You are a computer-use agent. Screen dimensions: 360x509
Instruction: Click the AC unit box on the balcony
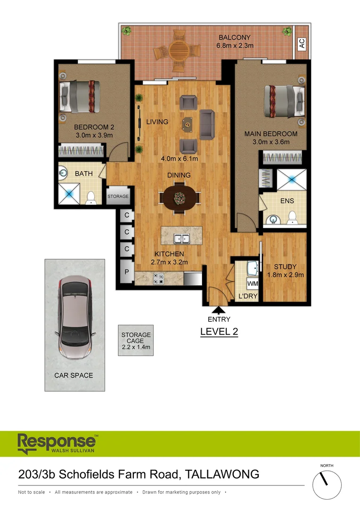tap(302, 43)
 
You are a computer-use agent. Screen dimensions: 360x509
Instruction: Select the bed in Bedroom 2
tap(80, 97)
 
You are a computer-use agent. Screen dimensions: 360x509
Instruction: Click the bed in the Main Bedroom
tap(284, 101)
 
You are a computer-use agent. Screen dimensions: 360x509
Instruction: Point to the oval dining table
tap(180, 198)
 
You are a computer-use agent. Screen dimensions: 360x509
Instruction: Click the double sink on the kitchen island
tap(181, 238)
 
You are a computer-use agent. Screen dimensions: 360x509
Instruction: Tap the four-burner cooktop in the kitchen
tap(158, 279)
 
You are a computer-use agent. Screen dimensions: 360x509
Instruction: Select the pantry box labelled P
tap(127, 272)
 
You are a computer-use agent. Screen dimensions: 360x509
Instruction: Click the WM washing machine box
tap(253, 284)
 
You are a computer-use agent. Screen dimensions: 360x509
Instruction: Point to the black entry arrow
tap(219, 310)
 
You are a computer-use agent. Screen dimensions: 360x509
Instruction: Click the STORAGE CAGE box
tap(136, 340)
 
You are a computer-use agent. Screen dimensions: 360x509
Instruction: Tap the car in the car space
tap(74, 317)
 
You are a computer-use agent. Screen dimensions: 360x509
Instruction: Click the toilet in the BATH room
tap(91, 198)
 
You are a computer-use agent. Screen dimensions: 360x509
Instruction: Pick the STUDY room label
tap(285, 267)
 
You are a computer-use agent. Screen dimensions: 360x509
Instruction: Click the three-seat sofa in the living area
tap(207, 124)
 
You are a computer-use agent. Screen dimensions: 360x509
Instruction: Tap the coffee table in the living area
tap(187, 124)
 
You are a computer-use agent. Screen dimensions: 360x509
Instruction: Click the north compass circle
tap(327, 484)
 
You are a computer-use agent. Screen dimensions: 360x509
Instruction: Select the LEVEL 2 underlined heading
tap(219, 332)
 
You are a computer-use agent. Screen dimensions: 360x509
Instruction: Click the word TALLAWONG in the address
tap(222, 474)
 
